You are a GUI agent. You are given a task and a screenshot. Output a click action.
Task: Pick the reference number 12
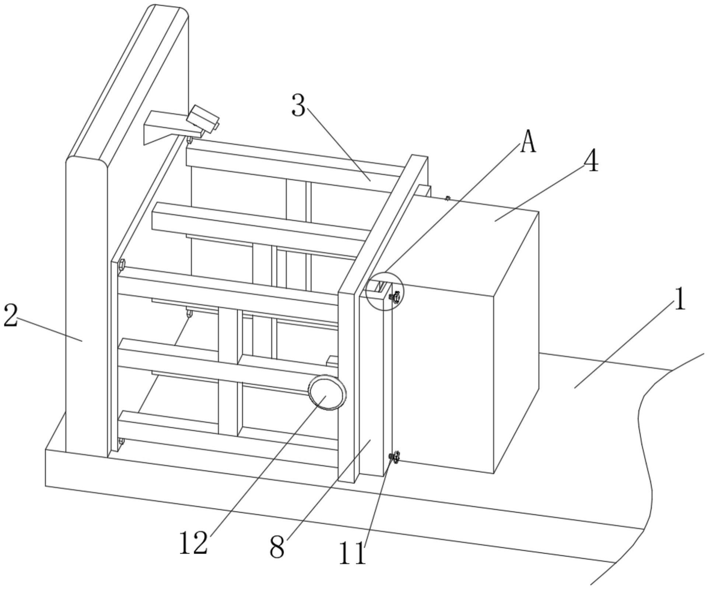[193, 552]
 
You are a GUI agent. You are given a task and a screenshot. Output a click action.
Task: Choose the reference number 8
[277, 557]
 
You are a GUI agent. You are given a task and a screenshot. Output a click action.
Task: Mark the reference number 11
[353, 563]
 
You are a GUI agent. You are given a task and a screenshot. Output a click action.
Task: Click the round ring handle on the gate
[327, 392]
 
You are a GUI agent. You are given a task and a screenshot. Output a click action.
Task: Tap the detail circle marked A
[385, 291]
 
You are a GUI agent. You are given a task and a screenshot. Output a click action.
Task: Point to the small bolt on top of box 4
[448, 198]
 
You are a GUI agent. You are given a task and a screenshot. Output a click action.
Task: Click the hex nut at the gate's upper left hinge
[122, 264]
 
